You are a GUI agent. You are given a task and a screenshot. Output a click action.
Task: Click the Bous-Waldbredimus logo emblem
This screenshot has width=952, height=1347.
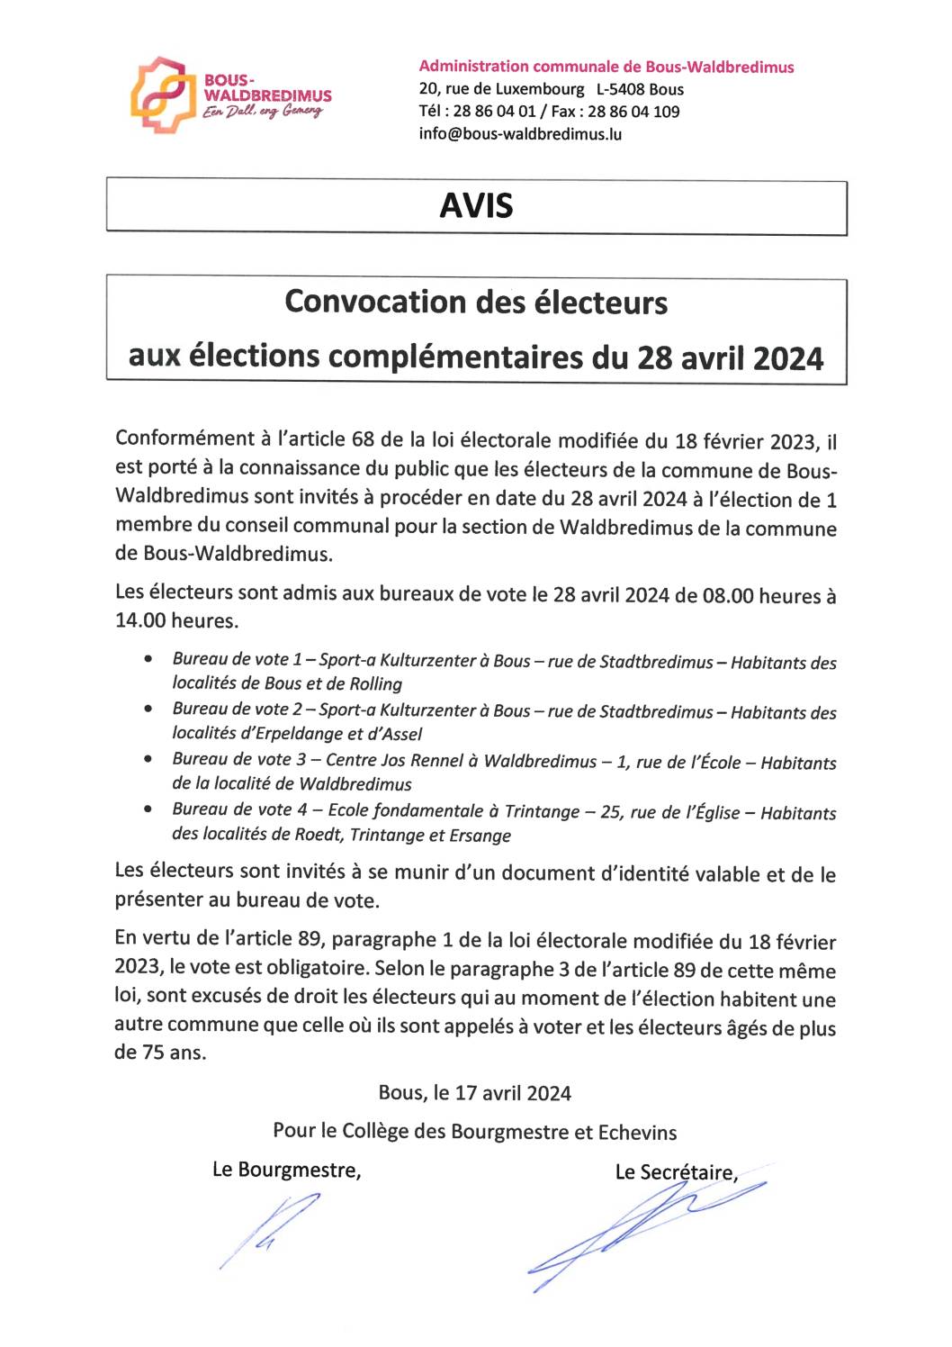click(x=162, y=95)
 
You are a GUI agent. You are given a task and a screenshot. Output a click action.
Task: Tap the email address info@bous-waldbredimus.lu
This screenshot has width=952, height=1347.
click(x=520, y=134)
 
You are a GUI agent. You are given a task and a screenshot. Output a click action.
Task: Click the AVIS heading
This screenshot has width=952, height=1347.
click(x=476, y=206)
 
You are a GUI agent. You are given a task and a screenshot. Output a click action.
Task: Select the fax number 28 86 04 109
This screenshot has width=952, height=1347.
click(x=633, y=112)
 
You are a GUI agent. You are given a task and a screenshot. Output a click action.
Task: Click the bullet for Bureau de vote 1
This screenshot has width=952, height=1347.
click(x=148, y=660)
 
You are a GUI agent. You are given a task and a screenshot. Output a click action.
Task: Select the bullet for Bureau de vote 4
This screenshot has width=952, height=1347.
click(x=148, y=810)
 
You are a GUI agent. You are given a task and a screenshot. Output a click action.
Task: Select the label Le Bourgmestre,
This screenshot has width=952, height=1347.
click(x=286, y=1170)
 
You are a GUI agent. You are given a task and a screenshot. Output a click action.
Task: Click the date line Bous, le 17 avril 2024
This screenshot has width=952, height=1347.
click(x=474, y=1093)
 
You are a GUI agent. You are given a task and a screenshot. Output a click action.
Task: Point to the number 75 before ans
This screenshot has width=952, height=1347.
click(x=154, y=1053)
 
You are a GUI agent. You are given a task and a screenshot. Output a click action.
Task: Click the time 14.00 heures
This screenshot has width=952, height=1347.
click(x=176, y=620)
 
